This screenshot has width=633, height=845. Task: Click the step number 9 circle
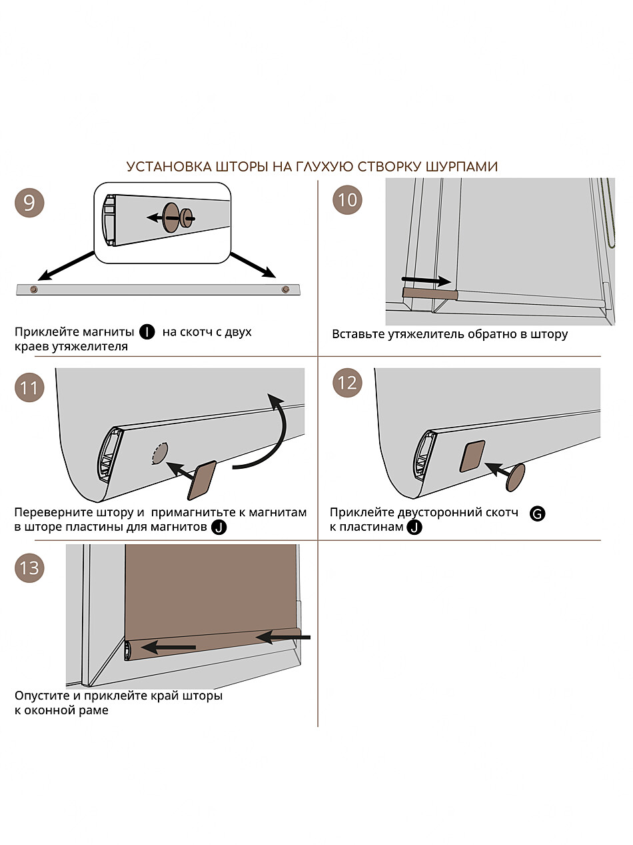pos(29,201)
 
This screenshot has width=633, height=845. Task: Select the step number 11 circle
pos(29,387)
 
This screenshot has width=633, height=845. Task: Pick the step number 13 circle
pos(29,568)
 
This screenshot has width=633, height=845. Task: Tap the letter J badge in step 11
pos(217,528)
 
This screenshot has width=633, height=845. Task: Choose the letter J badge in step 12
pos(414,528)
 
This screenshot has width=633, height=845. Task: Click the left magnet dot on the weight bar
pos(33,289)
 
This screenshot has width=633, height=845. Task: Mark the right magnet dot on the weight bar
pos(286,289)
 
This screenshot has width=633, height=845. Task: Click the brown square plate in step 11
pos(202,480)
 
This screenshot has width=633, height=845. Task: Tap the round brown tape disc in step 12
pos(515,477)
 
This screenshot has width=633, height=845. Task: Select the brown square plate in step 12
pos(472,457)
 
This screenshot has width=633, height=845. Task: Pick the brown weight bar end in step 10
pos(428,293)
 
